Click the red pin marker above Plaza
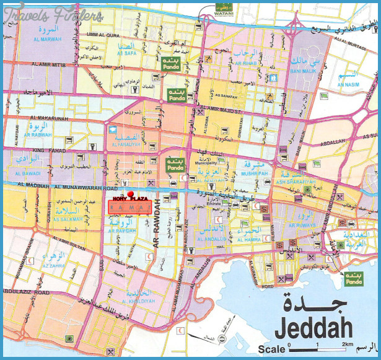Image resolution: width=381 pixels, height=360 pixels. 129,195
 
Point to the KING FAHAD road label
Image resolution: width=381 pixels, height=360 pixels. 47,151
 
